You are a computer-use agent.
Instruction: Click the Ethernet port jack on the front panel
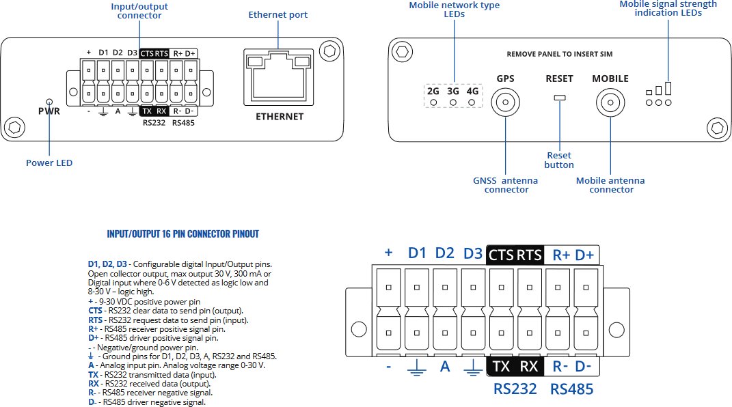(x=279, y=77)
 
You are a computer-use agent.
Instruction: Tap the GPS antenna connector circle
(x=506, y=102)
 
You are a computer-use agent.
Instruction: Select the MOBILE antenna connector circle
(x=610, y=102)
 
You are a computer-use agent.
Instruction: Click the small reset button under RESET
(x=559, y=98)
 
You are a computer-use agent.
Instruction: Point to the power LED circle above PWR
(x=49, y=102)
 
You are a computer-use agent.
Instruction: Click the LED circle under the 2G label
(x=433, y=102)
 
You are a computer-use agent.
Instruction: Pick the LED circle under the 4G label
(x=472, y=102)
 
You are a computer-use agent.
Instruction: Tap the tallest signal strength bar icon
(x=668, y=88)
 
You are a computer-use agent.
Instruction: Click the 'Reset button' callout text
(x=559, y=160)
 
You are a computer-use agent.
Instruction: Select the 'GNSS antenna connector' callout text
(x=506, y=185)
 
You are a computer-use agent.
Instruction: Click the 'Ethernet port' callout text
(x=277, y=15)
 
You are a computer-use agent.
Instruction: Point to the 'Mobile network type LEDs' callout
(x=455, y=10)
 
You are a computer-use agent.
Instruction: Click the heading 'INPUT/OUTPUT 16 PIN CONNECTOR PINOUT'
(x=182, y=234)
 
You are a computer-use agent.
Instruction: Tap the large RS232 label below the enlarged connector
(x=515, y=389)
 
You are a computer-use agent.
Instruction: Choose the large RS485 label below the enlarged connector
(x=571, y=389)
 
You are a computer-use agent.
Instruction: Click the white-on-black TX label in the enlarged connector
(x=502, y=367)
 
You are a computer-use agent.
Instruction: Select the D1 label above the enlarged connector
(x=417, y=253)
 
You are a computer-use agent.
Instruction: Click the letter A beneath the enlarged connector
(x=445, y=367)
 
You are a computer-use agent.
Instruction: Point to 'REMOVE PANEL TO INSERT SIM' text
(x=559, y=54)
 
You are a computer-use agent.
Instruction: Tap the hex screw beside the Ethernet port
(x=329, y=51)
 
